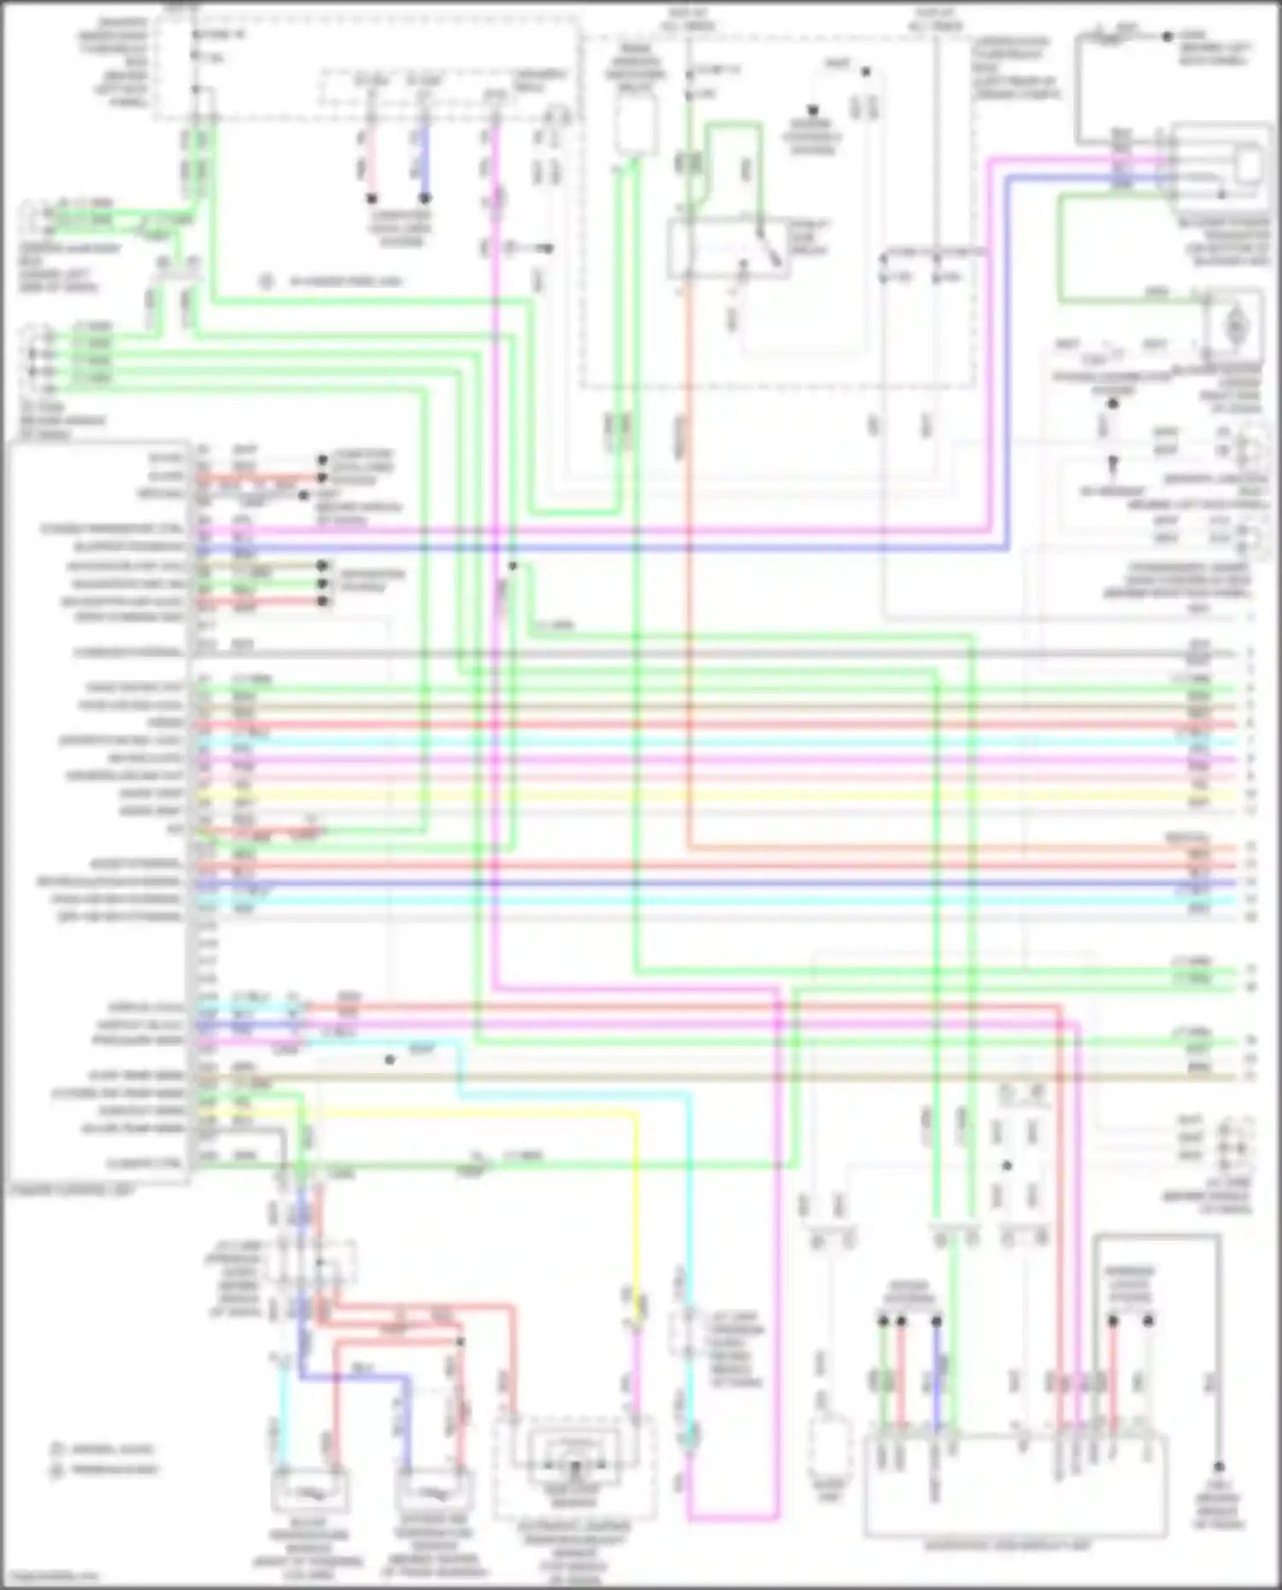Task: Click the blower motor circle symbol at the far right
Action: [x=1235, y=326]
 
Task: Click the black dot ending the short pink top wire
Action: [x=371, y=197]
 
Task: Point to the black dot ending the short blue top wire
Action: [x=424, y=197]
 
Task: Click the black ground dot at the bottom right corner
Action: [x=1219, y=1466]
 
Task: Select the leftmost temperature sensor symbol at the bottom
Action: [x=309, y=1492]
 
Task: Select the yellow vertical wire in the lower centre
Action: [x=636, y=1213]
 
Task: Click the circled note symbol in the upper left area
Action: [x=267, y=281]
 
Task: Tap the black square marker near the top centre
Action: [x=813, y=110]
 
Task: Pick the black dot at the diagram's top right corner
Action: [x=1167, y=37]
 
